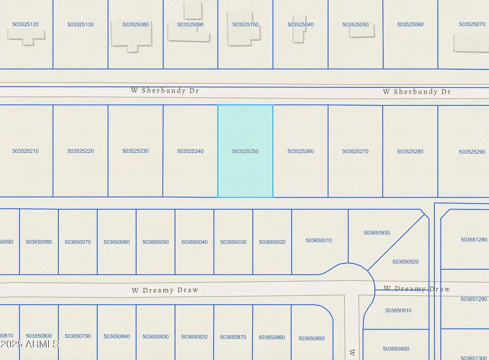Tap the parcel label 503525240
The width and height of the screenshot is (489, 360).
pyautogui.click(x=190, y=151)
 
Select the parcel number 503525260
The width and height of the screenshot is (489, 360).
pyautogui.click(x=300, y=151)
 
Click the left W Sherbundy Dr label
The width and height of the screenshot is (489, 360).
pyautogui.click(x=165, y=91)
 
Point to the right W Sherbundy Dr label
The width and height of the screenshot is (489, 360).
pyautogui.click(x=416, y=92)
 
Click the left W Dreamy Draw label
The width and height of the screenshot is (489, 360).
pyautogui.click(x=165, y=290)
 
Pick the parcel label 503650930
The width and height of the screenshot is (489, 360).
pyautogui.click(x=377, y=233)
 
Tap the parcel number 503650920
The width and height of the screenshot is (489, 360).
pyautogui.click(x=405, y=261)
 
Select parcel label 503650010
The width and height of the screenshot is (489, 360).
pyautogui.click(x=319, y=241)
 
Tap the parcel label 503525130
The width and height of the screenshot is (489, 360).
pyautogui.click(x=80, y=24)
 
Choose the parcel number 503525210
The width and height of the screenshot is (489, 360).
pyautogui.click(x=25, y=151)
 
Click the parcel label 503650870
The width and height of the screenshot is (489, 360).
pyautogui.click(x=233, y=337)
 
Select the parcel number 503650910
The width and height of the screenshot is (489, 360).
pyautogui.click(x=398, y=311)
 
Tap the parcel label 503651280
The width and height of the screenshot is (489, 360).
pyautogui.click(x=474, y=240)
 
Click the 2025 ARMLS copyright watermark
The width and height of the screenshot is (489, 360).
pyautogui.click(x=30, y=345)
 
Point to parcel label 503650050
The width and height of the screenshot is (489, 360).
pyautogui.click(x=155, y=242)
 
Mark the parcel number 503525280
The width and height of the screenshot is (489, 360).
pyautogui.click(x=410, y=151)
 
